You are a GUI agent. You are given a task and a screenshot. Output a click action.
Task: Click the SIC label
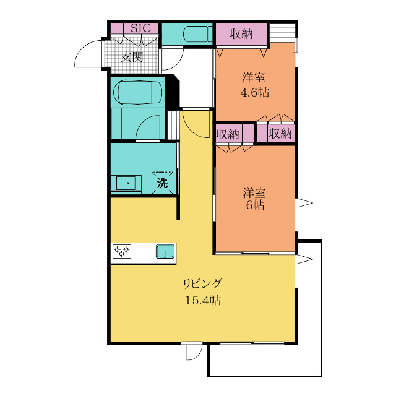(x=140, y=28)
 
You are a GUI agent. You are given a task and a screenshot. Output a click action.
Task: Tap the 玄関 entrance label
(x=132, y=57)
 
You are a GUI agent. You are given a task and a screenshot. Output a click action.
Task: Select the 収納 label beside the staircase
(x=241, y=34)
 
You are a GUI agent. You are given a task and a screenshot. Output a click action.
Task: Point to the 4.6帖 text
(x=254, y=93)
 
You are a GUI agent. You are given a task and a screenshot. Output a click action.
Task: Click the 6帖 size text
(x=255, y=205)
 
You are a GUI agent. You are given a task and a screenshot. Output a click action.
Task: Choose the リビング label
(x=203, y=284)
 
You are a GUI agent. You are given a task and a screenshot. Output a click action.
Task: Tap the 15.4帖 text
(x=203, y=301)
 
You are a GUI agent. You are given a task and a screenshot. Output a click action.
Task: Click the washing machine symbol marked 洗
(x=162, y=183)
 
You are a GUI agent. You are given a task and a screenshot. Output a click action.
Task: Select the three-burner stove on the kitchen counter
(x=122, y=251)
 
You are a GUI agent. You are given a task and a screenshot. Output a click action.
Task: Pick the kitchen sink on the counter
(x=165, y=251)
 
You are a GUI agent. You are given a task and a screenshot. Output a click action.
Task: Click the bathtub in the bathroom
(x=137, y=92)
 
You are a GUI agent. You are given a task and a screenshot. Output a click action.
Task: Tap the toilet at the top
(x=197, y=34)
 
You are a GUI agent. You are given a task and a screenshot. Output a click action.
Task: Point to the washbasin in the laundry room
(x=128, y=183)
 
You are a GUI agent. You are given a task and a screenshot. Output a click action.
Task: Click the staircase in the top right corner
(x=282, y=33)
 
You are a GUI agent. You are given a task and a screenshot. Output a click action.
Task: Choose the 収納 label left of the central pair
(x=228, y=134)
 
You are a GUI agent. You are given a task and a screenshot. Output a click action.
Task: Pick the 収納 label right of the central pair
(x=280, y=133)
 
